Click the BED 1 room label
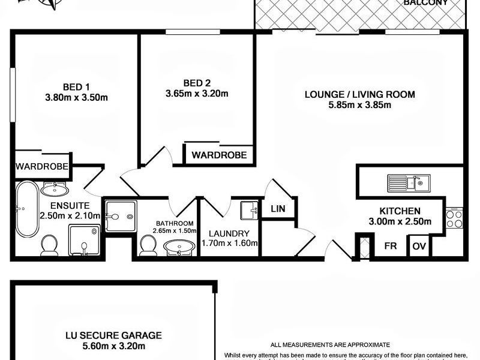(x=76, y=85)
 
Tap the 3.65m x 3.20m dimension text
(x=197, y=94)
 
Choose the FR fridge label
(x=390, y=245)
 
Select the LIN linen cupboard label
(x=277, y=209)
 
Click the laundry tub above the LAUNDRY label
(x=249, y=211)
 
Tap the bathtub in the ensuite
(x=26, y=209)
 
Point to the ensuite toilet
(x=49, y=244)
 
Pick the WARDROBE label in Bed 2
(x=219, y=155)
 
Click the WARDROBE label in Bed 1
(x=42, y=166)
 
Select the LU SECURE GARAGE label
(x=113, y=335)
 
